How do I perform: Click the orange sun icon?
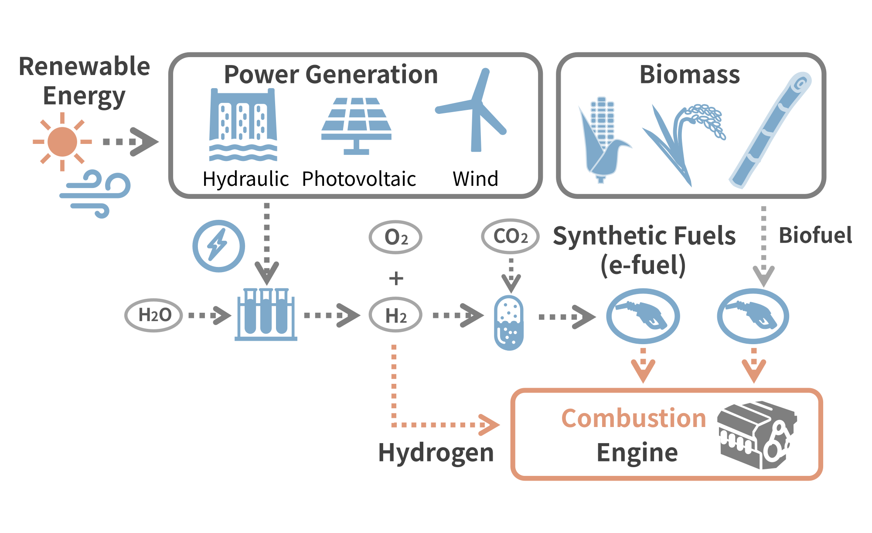point(62,142)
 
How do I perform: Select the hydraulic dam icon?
point(243,124)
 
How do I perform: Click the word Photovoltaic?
point(359,179)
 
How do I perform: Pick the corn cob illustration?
point(602,140)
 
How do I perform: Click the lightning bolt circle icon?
point(218,246)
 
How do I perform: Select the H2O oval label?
point(154,315)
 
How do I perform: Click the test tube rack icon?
point(266,314)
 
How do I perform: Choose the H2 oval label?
point(395,315)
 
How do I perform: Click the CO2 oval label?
point(510,236)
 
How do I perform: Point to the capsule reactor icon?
point(509,323)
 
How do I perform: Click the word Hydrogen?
point(436,453)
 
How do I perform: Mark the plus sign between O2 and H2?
point(396,278)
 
